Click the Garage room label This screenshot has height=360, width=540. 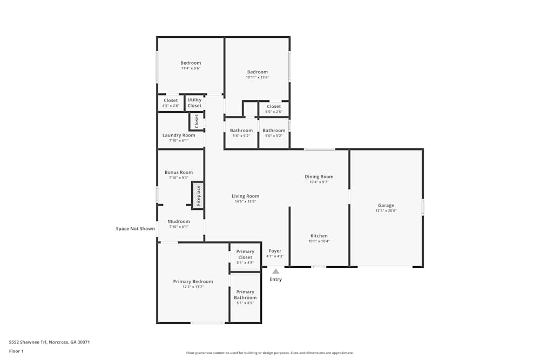[x=386, y=205]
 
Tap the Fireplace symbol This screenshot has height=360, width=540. [x=198, y=195]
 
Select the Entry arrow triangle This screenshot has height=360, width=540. [x=275, y=271]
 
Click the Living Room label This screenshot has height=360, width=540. [x=245, y=196]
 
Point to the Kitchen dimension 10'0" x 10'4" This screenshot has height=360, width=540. [x=319, y=241]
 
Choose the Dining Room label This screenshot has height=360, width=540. [x=319, y=176]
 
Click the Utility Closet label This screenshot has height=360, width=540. [x=194, y=103]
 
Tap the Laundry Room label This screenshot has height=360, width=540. [x=179, y=135]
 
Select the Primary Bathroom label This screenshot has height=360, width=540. [x=245, y=295]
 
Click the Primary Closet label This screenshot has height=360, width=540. [x=245, y=254]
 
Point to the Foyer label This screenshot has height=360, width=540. [x=275, y=251]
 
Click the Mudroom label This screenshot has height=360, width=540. [x=179, y=221]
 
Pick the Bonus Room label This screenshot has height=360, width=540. [x=179, y=172]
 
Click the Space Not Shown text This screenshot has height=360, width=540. [x=136, y=228]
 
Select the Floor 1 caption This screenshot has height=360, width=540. [x=16, y=351]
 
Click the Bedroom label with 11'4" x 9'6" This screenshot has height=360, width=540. [x=191, y=63]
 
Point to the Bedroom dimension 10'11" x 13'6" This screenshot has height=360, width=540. [x=257, y=77]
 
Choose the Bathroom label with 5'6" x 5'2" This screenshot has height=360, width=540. [x=241, y=131]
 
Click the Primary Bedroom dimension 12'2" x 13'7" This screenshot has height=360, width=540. [x=193, y=287]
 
